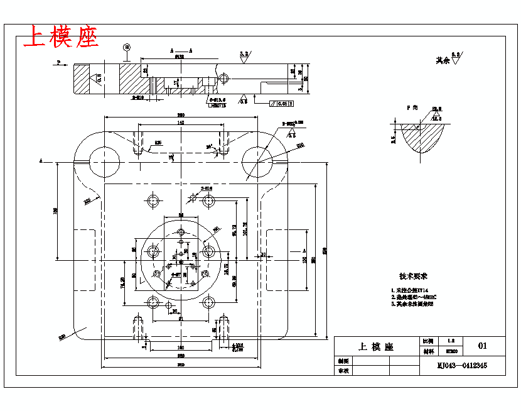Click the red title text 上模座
(61, 37)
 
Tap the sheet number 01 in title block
(483, 346)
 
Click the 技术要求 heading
(413, 277)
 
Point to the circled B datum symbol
(127, 47)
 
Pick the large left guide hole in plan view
(102, 160)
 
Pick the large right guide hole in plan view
(257, 160)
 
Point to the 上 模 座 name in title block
(375, 346)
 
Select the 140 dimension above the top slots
(180, 123)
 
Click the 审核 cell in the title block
(343, 371)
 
